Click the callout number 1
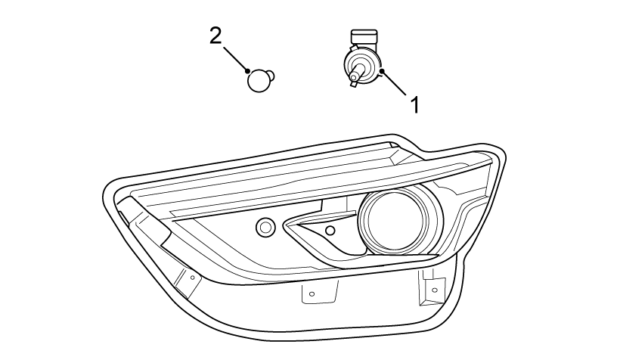coord(414,104)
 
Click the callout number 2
coord(216,36)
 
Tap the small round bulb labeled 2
coord(259,79)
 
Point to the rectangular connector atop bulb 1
coord(363,37)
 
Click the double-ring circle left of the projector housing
coord(265,226)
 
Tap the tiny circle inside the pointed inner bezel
coord(329,230)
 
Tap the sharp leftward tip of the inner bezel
coord(285,225)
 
